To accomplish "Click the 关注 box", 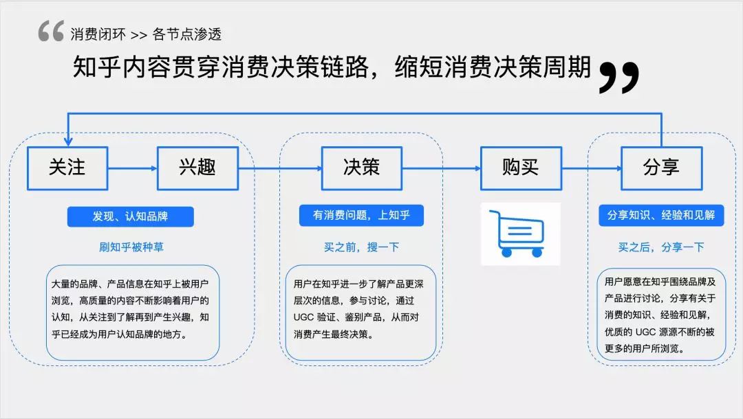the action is pos(67,168).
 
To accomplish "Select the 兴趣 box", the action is pos(197,168).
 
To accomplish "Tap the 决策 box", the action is pos(362,168).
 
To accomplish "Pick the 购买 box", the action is pos(521,168).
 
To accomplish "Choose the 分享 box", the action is pos(662,168).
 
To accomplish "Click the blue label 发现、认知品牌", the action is pos(130,216).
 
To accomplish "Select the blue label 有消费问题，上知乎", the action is pos(361,215).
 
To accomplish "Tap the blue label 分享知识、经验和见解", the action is pos(661,215).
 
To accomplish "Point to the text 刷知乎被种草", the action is pos(131,247).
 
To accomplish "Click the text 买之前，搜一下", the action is pos(362,247).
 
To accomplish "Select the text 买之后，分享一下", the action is pos(661,247).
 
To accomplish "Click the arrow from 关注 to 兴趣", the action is pos(133,168).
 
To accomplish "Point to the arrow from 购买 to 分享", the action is pos(592,168).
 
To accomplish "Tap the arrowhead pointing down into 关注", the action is pos(68,141).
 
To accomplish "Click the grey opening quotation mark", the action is pos(51,31).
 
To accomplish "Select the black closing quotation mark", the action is pos(619,77).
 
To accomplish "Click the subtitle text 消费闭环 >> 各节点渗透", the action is pos(146,34).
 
